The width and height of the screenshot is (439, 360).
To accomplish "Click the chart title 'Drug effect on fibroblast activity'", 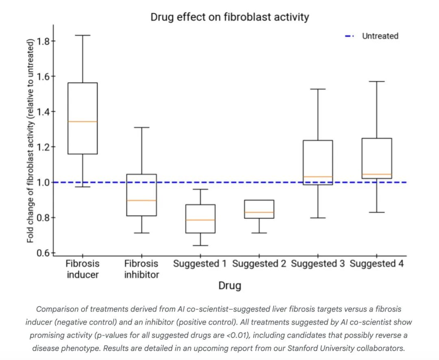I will pos(230,17).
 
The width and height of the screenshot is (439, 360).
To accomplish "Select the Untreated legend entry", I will pos(380,36).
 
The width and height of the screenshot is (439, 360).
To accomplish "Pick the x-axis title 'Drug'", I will pos(230,286).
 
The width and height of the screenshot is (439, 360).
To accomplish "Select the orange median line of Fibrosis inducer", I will pos(82,122).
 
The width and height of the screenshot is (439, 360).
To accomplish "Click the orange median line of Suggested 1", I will pos(200,220).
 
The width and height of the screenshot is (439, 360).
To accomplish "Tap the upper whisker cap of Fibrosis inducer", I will pos(82,35).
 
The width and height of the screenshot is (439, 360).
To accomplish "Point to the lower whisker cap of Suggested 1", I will pos(200,246).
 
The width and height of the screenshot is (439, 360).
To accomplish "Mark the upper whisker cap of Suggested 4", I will pos(377,81).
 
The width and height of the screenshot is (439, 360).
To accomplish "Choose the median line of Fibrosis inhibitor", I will pos(141,201).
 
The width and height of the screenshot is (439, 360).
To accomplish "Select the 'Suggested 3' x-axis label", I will pos(318,264).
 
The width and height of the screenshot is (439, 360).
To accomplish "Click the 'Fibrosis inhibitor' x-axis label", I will pos(141,269).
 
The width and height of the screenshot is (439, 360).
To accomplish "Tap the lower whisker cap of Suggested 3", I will pos(318,218).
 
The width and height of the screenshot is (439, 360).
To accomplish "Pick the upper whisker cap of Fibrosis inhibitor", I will pos(141,127).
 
